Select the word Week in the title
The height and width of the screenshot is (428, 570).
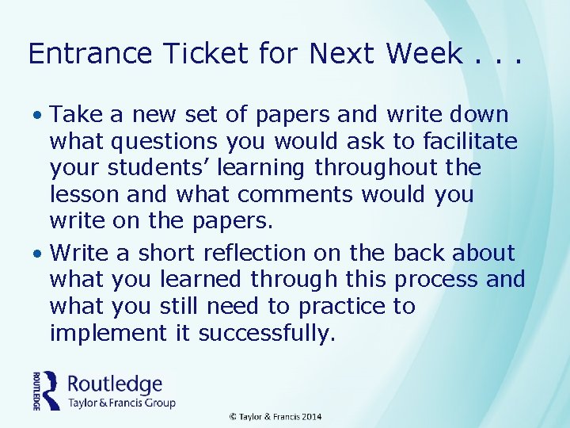pyautogui.click(x=424, y=53)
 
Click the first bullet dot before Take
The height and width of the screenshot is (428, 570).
pyautogui.click(x=39, y=116)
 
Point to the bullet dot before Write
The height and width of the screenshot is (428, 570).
pyautogui.click(x=39, y=254)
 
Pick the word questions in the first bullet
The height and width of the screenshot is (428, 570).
pyautogui.click(x=164, y=143)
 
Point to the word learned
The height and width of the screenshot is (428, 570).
pyautogui.click(x=203, y=280)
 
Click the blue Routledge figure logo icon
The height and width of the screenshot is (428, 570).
pyautogui.click(x=50, y=389)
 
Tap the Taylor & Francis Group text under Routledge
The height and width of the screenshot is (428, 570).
pyautogui.click(x=121, y=403)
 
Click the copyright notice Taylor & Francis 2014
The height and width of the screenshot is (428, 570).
pyautogui.click(x=275, y=417)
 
